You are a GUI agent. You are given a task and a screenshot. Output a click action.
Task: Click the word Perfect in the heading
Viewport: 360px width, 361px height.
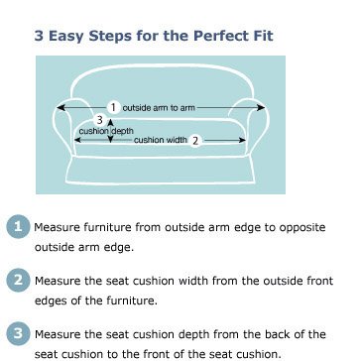pyautogui.click(x=213, y=36)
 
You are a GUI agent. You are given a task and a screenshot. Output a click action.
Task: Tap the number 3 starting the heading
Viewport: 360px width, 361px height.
pyautogui.click(x=39, y=36)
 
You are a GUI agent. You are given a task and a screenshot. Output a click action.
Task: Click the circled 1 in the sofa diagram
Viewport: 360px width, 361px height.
pyautogui.click(x=113, y=107)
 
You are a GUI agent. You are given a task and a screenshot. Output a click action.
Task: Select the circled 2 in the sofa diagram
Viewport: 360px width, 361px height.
pyautogui.click(x=195, y=141)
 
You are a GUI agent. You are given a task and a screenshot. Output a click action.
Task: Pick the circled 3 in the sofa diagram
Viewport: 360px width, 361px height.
pyautogui.click(x=100, y=120)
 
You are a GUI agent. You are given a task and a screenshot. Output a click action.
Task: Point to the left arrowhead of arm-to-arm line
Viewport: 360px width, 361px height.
pyautogui.click(x=60, y=107)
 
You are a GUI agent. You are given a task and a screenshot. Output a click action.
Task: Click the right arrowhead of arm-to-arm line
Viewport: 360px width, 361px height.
pyautogui.click(x=261, y=107)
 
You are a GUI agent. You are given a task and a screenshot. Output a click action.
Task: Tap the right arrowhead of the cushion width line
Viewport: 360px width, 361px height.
pyautogui.click(x=243, y=140)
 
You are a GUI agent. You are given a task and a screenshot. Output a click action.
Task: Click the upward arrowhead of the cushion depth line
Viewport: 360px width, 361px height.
pyautogui.click(x=111, y=122)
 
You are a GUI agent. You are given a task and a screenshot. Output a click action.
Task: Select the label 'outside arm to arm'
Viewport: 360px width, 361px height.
pyautogui.click(x=159, y=108)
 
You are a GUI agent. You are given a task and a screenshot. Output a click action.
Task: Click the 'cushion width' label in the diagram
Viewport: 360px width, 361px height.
pyautogui.click(x=161, y=140)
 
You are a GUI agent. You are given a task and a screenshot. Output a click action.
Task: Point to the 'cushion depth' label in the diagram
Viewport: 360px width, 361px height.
pyautogui.click(x=106, y=131)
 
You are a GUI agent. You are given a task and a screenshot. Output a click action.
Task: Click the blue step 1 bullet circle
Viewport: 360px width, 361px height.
pyautogui.click(x=18, y=227)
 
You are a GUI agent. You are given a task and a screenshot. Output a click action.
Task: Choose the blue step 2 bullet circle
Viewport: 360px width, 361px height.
pyautogui.click(x=18, y=281)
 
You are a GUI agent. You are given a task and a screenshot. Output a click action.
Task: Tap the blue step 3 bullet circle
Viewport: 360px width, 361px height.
pyautogui.click(x=18, y=334)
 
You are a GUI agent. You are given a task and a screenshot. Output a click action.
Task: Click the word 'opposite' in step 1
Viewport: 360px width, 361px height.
pyautogui.click(x=302, y=228)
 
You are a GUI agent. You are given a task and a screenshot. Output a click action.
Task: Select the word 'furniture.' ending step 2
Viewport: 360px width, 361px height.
pyautogui.click(x=132, y=301)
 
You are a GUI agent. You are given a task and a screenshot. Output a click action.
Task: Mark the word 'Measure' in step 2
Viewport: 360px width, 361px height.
pyautogui.click(x=58, y=281)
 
